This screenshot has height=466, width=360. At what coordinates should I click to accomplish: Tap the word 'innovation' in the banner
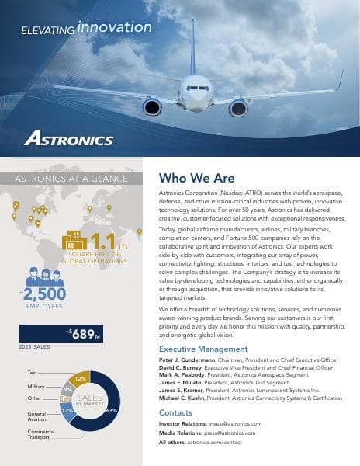115,27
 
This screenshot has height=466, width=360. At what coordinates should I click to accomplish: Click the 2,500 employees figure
44,294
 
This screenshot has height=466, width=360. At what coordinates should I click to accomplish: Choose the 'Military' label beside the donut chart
36,386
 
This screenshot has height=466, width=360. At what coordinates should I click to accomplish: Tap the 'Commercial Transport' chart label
41,434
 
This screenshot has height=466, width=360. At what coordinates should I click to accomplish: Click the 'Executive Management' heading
203,349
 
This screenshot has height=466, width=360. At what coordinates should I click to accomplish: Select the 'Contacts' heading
175,412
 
